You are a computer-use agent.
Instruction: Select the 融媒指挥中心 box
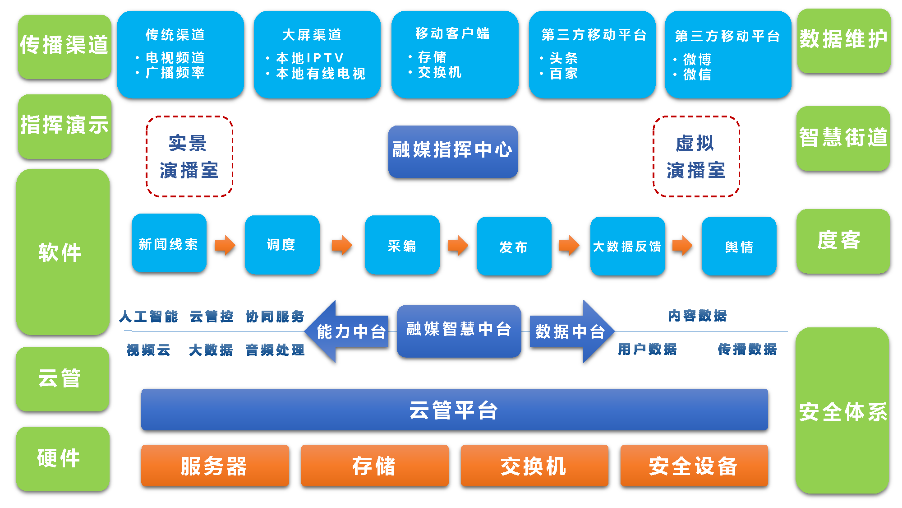click(453, 151)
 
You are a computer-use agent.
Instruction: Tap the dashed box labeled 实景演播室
click(189, 156)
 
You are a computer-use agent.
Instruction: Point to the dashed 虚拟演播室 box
click(696, 156)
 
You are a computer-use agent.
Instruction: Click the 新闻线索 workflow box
click(169, 244)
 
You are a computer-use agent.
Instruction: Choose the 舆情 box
click(739, 246)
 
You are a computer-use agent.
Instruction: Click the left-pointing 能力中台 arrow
click(347, 331)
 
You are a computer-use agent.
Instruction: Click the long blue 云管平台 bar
click(454, 410)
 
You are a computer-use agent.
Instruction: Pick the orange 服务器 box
click(215, 466)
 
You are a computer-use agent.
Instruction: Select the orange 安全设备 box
click(694, 466)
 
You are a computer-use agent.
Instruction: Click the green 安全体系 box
click(842, 411)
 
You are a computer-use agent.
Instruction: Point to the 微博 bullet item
click(697, 59)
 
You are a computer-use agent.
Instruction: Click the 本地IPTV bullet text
click(310, 58)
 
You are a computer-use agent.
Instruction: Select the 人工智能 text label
click(149, 317)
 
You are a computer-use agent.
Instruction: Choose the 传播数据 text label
click(747, 349)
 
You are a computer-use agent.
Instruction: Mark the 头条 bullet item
click(563, 58)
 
